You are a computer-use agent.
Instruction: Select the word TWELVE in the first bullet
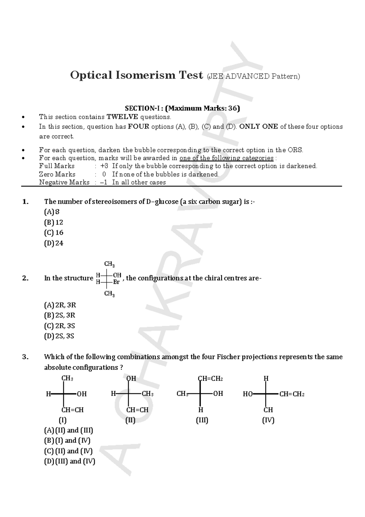pos(122,117)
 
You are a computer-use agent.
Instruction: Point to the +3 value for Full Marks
pos(104,166)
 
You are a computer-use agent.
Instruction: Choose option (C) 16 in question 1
pos(54,233)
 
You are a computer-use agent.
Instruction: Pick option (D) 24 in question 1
pos(54,243)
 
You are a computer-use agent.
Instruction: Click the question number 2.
pos(25,278)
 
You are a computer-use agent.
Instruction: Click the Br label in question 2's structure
pos(116,282)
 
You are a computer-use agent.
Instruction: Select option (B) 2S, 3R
pos(60,315)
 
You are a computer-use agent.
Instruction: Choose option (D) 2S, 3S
pos(59,336)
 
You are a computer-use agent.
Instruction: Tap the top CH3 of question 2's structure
pos(109,264)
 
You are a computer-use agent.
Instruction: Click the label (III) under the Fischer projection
pos(202,420)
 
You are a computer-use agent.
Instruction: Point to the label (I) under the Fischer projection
pos(62,420)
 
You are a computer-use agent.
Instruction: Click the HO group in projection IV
pos(248,394)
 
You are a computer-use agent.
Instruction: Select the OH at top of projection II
pos(131,379)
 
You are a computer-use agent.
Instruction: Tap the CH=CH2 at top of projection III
pos(210,379)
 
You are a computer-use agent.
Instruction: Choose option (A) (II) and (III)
pos(69,430)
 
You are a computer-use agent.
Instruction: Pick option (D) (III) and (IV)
pos(70,461)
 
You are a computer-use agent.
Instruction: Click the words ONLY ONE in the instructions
pos(259,127)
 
